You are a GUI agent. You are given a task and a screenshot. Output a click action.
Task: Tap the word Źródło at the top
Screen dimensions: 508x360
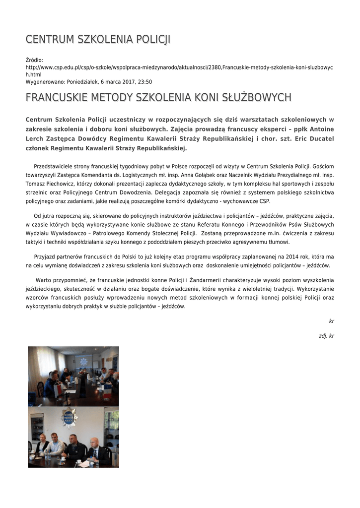click(x=34, y=60)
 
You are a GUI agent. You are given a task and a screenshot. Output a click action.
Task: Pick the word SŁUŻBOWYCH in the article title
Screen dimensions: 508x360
click(x=257, y=97)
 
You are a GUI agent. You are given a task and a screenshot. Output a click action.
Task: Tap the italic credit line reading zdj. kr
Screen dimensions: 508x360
click(x=326, y=336)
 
